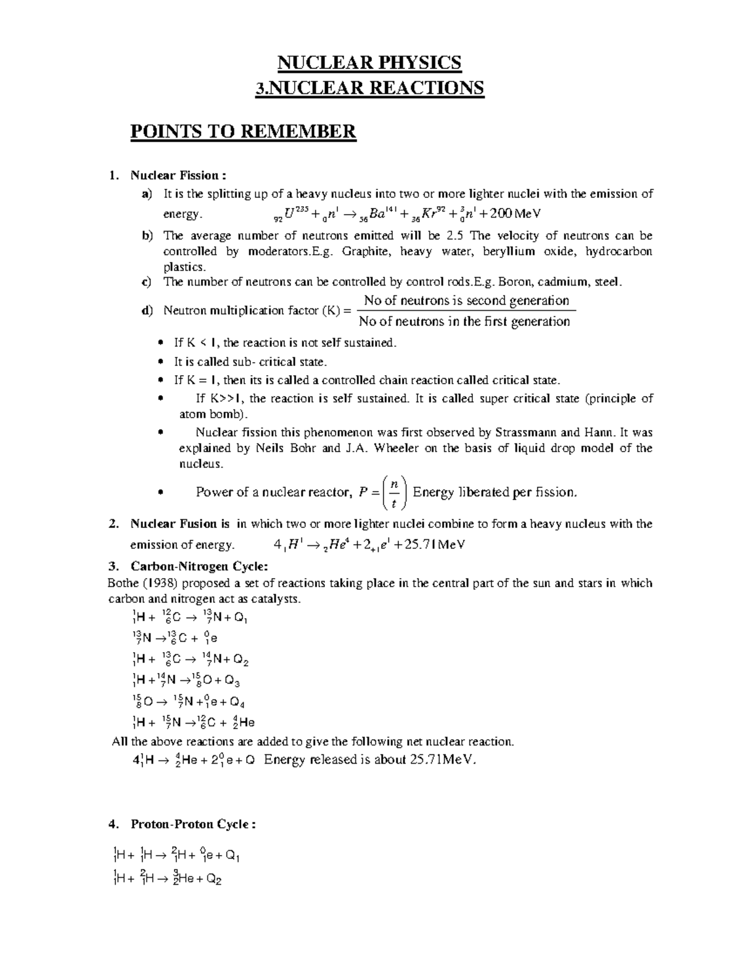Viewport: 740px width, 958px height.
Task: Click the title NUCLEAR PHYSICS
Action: tap(369, 62)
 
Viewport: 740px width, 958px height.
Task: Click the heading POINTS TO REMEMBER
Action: tap(243, 131)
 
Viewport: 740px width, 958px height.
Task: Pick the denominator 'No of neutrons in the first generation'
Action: tap(464, 321)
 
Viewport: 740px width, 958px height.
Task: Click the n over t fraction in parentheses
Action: tap(393, 492)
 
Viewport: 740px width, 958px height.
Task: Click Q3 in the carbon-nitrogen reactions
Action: tap(232, 681)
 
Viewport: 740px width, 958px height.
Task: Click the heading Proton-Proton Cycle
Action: tap(193, 824)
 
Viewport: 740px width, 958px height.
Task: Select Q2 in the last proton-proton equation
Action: tap(214, 880)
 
